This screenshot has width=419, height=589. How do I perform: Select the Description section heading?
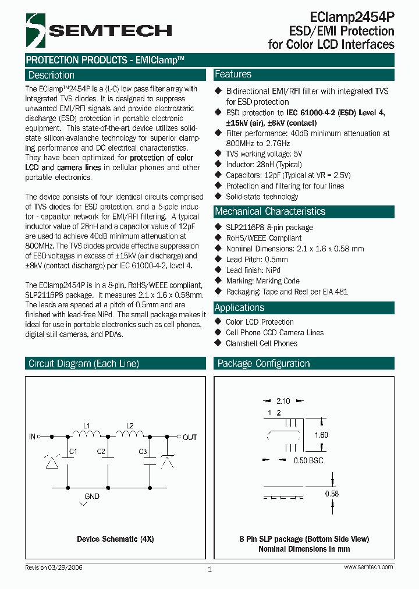pyautogui.click(x=52, y=75)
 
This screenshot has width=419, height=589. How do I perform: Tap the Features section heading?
pyautogui.click(x=233, y=74)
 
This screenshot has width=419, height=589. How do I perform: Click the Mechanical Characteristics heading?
pyautogui.click(x=270, y=211)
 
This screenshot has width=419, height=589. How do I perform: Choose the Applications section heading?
pyautogui.click(x=239, y=308)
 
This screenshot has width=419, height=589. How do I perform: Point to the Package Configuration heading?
pyautogui.click(x=263, y=364)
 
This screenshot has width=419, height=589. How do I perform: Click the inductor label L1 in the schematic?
pyautogui.click(x=86, y=426)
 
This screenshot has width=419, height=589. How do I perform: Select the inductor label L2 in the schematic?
pyautogui.click(x=130, y=426)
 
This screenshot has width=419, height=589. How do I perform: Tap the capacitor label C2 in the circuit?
pyautogui.click(x=101, y=451)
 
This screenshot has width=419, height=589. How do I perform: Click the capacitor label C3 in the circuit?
pyautogui.click(x=142, y=451)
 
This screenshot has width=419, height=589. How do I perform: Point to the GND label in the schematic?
pyautogui.click(x=92, y=496)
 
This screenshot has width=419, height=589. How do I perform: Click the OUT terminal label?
pyautogui.click(x=190, y=437)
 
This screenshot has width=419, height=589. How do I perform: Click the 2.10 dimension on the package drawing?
pyautogui.click(x=283, y=401)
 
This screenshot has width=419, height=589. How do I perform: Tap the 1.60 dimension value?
pyautogui.click(x=321, y=435)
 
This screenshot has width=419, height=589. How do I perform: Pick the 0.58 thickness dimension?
pyautogui.click(x=332, y=494)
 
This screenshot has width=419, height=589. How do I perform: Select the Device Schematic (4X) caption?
pyautogui.click(x=115, y=539)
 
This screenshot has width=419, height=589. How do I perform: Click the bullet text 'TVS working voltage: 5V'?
pyautogui.click(x=264, y=154)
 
